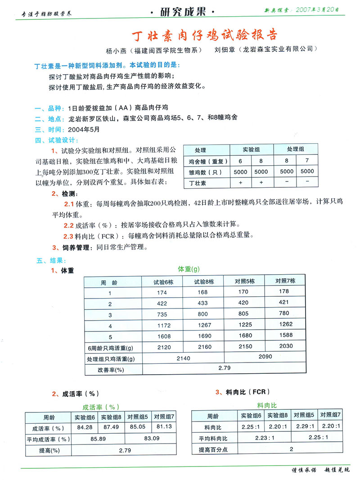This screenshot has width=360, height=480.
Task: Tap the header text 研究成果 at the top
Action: click(183, 12)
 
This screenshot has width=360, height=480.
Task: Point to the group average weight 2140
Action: click(183, 358)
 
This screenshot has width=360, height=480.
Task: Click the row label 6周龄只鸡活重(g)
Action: click(110, 347)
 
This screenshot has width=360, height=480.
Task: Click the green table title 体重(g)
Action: click(189, 269)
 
